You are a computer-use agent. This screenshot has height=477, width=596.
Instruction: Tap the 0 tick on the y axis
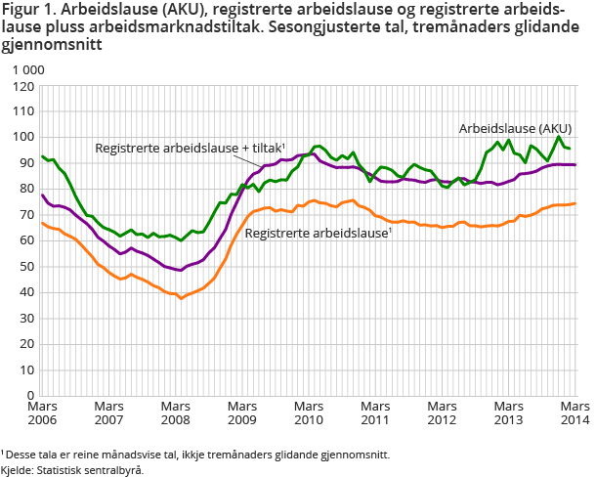pyautogui.click(x=30, y=395)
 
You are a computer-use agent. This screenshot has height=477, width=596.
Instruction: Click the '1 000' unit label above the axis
pyautogui.click(x=27, y=70)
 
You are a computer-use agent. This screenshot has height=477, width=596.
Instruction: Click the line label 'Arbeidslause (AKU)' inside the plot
pyautogui.click(x=516, y=128)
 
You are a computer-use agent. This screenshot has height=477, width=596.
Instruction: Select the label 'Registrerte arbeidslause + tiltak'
pyautogui.click(x=189, y=148)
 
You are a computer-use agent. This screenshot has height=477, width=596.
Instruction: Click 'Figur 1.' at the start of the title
pyautogui.click(x=29, y=13)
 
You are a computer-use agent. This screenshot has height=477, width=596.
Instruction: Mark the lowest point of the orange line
pyautogui.click(x=181, y=297)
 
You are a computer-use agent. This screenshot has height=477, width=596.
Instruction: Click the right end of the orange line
pyautogui.click(x=575, y=203)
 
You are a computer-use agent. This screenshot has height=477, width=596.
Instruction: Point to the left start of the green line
pyautogui.click(x=42, y=156)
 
